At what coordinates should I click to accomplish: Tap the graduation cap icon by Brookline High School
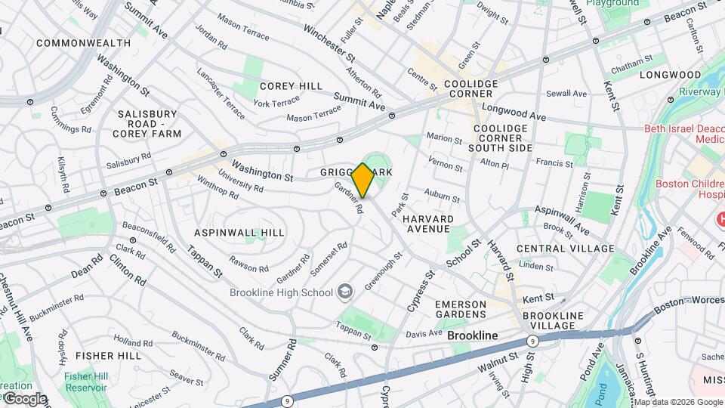click(344, 292)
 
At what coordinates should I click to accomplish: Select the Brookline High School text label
click(282, 292)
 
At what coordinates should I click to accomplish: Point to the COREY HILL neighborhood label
click(291, 86)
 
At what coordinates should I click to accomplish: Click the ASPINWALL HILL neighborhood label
click(239, 232)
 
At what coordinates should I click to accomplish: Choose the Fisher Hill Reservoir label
click(85, 382)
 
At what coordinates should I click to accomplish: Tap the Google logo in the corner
click(24, 399)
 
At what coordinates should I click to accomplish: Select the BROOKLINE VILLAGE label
click(554, 320)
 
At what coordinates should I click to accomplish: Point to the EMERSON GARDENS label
click(461, 308)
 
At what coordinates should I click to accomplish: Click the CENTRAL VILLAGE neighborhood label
click(565, 249)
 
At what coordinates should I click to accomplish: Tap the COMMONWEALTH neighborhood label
click(83, 43)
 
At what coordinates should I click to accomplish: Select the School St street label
click(463, 254)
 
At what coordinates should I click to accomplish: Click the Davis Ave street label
click(424, 333)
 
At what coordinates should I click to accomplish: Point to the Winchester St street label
click(329, 42)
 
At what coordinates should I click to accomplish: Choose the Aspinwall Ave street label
click(562, 219)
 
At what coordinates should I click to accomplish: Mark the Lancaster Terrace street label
click(221, 94)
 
